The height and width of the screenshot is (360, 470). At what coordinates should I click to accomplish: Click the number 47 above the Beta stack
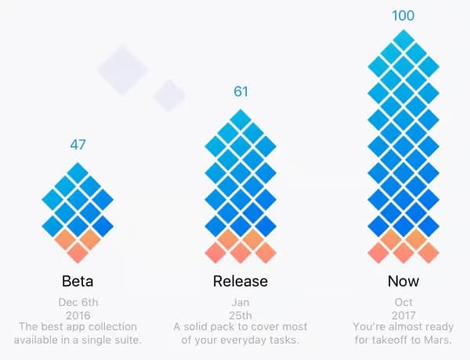pyautogui.click(x=78, y=144)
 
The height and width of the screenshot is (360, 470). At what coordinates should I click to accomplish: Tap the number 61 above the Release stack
pyautogui.click(x=240, y=92)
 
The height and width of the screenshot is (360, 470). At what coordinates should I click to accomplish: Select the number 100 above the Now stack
pyautogui.click(x=403, y=16)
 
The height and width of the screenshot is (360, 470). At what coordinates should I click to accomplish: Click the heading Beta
pyautogui.click(x=78, y=281)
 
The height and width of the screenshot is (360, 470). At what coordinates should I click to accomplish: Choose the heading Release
pyautogui.click(x=240, y=281)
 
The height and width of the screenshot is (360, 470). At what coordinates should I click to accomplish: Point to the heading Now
pyautogui.click(x=403, y=281)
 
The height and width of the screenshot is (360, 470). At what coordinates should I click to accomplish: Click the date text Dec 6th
pyautogui.click(x=78, y=301)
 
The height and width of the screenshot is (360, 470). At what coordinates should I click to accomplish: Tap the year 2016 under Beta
pyautogui.click(x=78, y=314)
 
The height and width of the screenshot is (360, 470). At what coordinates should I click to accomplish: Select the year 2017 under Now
pyautogui.click(x=403, y=314)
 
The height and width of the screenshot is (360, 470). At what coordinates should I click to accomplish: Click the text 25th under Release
pyautogui.click(x=240, y=314)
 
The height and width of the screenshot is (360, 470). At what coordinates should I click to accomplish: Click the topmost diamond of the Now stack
pyautogui.click(x=403, y=40)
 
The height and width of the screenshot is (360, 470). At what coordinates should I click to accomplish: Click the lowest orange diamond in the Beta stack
pyautogui.click(x=78, y=253)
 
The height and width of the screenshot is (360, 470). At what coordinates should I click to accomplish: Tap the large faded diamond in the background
pyautogui.click(x=122, y=69)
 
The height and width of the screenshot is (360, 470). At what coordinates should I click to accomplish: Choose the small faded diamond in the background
pyautogui.click(x=168, y=95)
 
